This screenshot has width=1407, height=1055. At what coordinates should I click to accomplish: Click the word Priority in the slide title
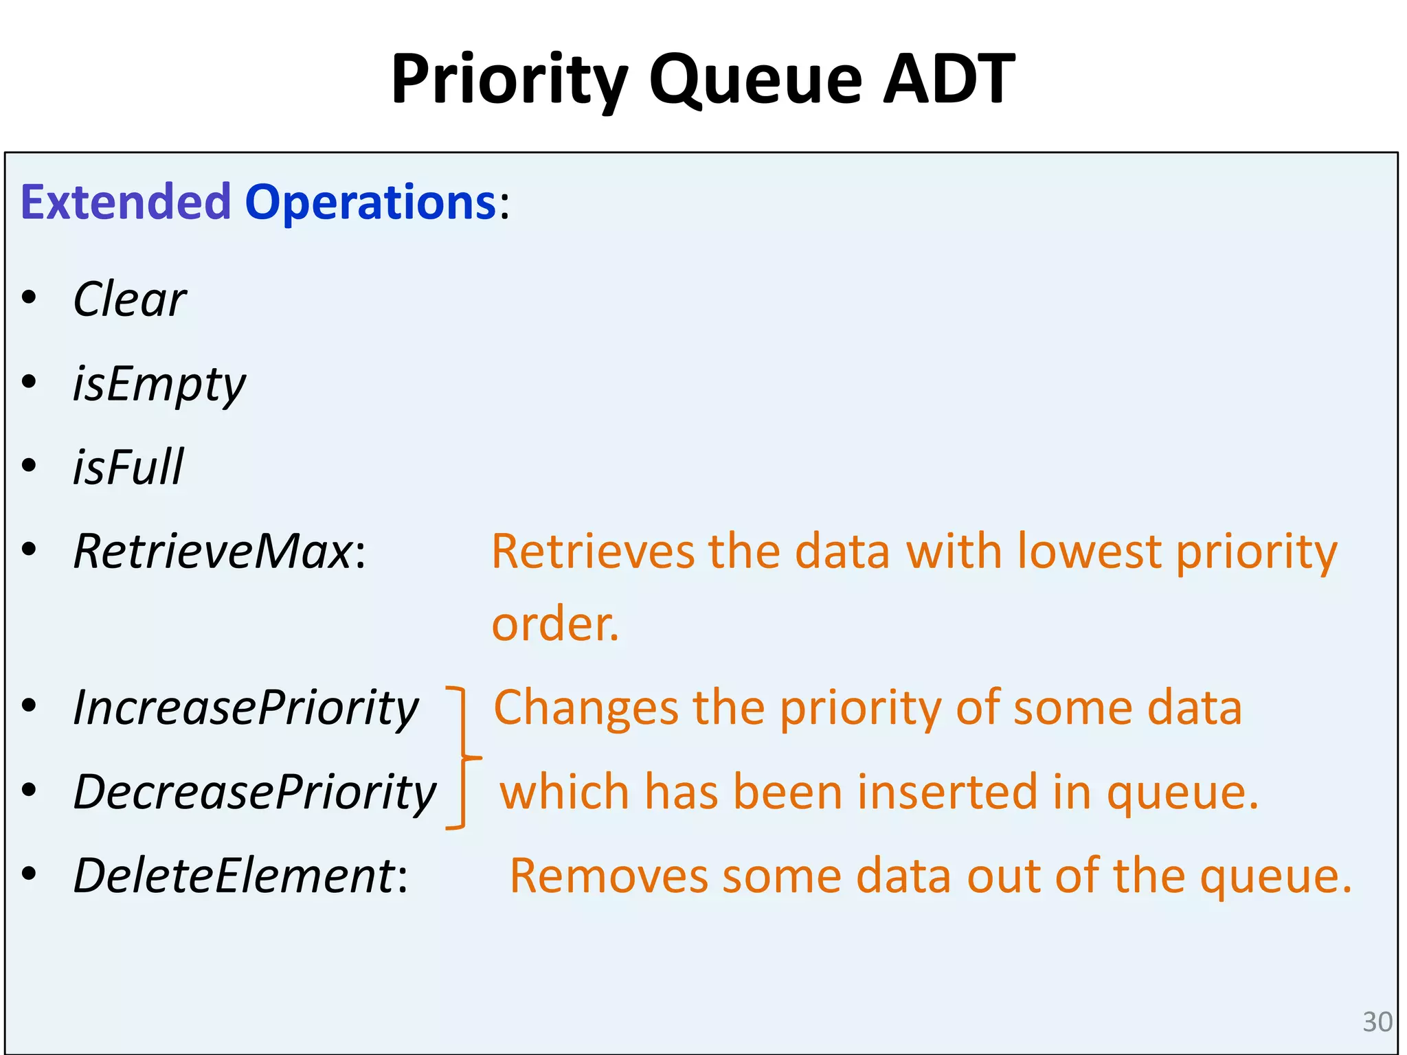[x=509, y=80]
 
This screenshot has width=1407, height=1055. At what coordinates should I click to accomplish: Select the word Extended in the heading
[x=126, y=202]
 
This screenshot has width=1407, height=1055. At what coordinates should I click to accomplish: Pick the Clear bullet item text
[x=130, y=299]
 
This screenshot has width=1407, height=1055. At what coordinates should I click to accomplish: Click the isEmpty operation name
[x=159, y=385]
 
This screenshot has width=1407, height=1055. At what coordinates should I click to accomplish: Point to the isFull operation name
[x=128, y=467]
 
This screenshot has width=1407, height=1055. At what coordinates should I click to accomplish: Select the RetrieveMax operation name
[x=213, y=551]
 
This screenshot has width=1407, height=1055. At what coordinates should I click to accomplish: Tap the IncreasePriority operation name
[x=246, y=707]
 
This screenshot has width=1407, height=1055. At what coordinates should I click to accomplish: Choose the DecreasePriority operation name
[x=255, y=792]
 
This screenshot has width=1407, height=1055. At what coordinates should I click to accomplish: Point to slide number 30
[x=1377, y=1022]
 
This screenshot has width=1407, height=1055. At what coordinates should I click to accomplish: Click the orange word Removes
[x=609, y=876]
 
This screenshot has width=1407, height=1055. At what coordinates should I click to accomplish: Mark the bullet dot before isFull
[x=29, y=466]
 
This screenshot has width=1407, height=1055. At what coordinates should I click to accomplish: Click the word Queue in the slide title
[x=755, y=80]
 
